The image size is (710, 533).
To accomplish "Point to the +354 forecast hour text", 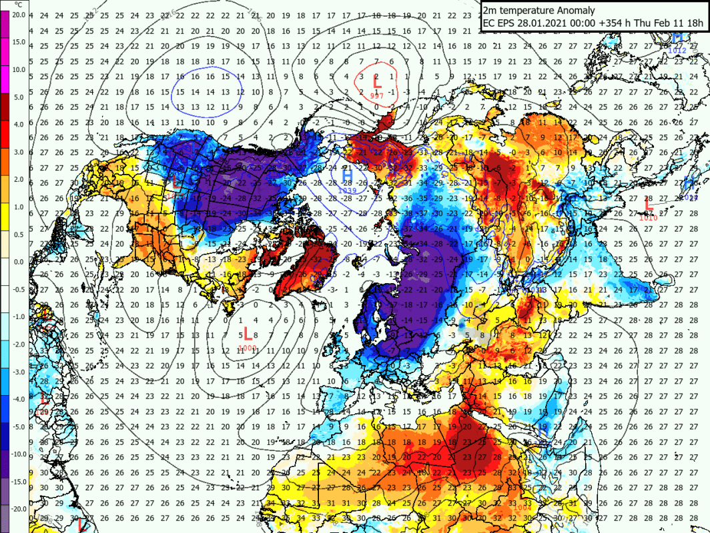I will (x=605, y=23).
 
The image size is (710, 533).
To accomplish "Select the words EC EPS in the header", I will (x=498, y=23).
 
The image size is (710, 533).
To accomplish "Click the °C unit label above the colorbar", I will (x=19, y=5).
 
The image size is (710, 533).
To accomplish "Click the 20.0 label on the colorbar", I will (x=19, y=14).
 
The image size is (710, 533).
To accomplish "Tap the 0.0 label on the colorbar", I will (x=19, y=261).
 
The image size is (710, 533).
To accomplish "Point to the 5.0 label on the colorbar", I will (x=19, y=97).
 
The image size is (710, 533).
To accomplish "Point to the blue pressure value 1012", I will (x=677, y=49).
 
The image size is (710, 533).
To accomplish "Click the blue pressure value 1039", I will (x=347, y=190).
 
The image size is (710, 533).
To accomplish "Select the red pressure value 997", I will (x=376, y=96).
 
